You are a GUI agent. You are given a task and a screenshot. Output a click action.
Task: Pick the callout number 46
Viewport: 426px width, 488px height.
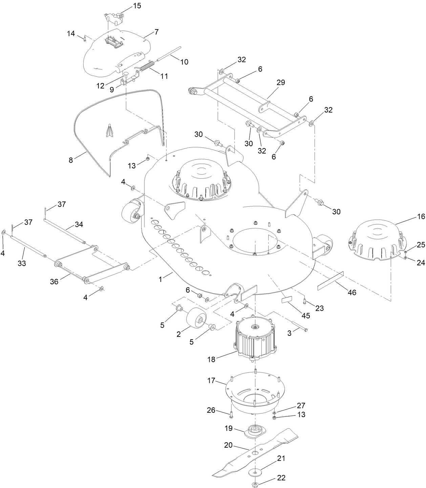[x=352, y=292]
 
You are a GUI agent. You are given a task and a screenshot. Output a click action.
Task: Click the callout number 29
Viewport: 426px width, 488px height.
[x=281, y=82]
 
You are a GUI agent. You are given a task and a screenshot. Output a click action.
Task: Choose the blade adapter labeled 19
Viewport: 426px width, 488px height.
[x=255, y=432]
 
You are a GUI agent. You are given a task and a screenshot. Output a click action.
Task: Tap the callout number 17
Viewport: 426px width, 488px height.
[x=211, y=381]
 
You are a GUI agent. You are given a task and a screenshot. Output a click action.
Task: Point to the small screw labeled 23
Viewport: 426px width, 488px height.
[x=304, y=301]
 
